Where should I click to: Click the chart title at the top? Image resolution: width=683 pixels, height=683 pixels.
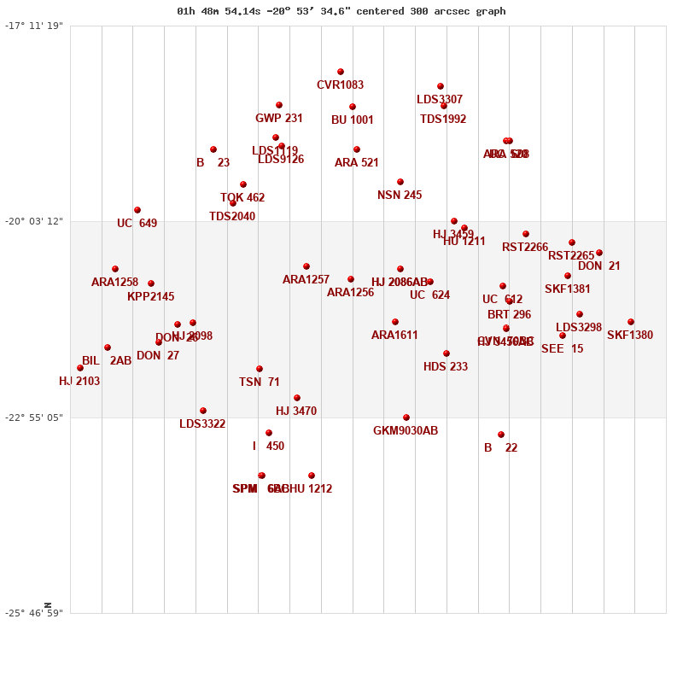coord(341,11)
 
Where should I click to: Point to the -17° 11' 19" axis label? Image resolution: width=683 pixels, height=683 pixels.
coord(34,26)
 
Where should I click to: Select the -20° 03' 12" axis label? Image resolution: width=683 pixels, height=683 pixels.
coord(34,221)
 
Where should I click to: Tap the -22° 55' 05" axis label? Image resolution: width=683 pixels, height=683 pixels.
coord(34,417)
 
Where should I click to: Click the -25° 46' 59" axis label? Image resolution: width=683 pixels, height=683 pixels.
coord(34,613)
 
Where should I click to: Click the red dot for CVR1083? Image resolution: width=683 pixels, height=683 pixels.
coord(341,72)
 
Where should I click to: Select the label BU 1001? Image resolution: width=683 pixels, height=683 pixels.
coord(353,120)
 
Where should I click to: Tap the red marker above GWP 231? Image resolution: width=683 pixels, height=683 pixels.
coord(279,105)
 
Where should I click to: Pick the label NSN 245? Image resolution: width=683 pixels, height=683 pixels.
coord(400,196)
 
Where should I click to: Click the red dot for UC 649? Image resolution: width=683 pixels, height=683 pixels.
coord(137,210)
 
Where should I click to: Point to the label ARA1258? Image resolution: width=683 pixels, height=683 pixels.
coord(114,283)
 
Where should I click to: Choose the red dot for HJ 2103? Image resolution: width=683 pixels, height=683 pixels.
coord(80,368)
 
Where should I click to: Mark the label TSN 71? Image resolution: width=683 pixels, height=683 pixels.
coord(260,382)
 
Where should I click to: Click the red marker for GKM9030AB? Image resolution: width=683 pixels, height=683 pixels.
coord(406,417)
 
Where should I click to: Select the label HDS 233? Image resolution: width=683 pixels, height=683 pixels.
coord(446,367)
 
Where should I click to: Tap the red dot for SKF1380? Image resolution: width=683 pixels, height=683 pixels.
coord(631,322)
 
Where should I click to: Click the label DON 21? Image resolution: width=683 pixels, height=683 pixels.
coord(599,266)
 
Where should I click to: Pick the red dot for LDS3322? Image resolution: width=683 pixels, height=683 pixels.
coord(203,411)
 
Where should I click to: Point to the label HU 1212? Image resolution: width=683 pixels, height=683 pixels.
coord(312,489)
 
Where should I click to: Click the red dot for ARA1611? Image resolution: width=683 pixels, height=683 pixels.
coord(395,322)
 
